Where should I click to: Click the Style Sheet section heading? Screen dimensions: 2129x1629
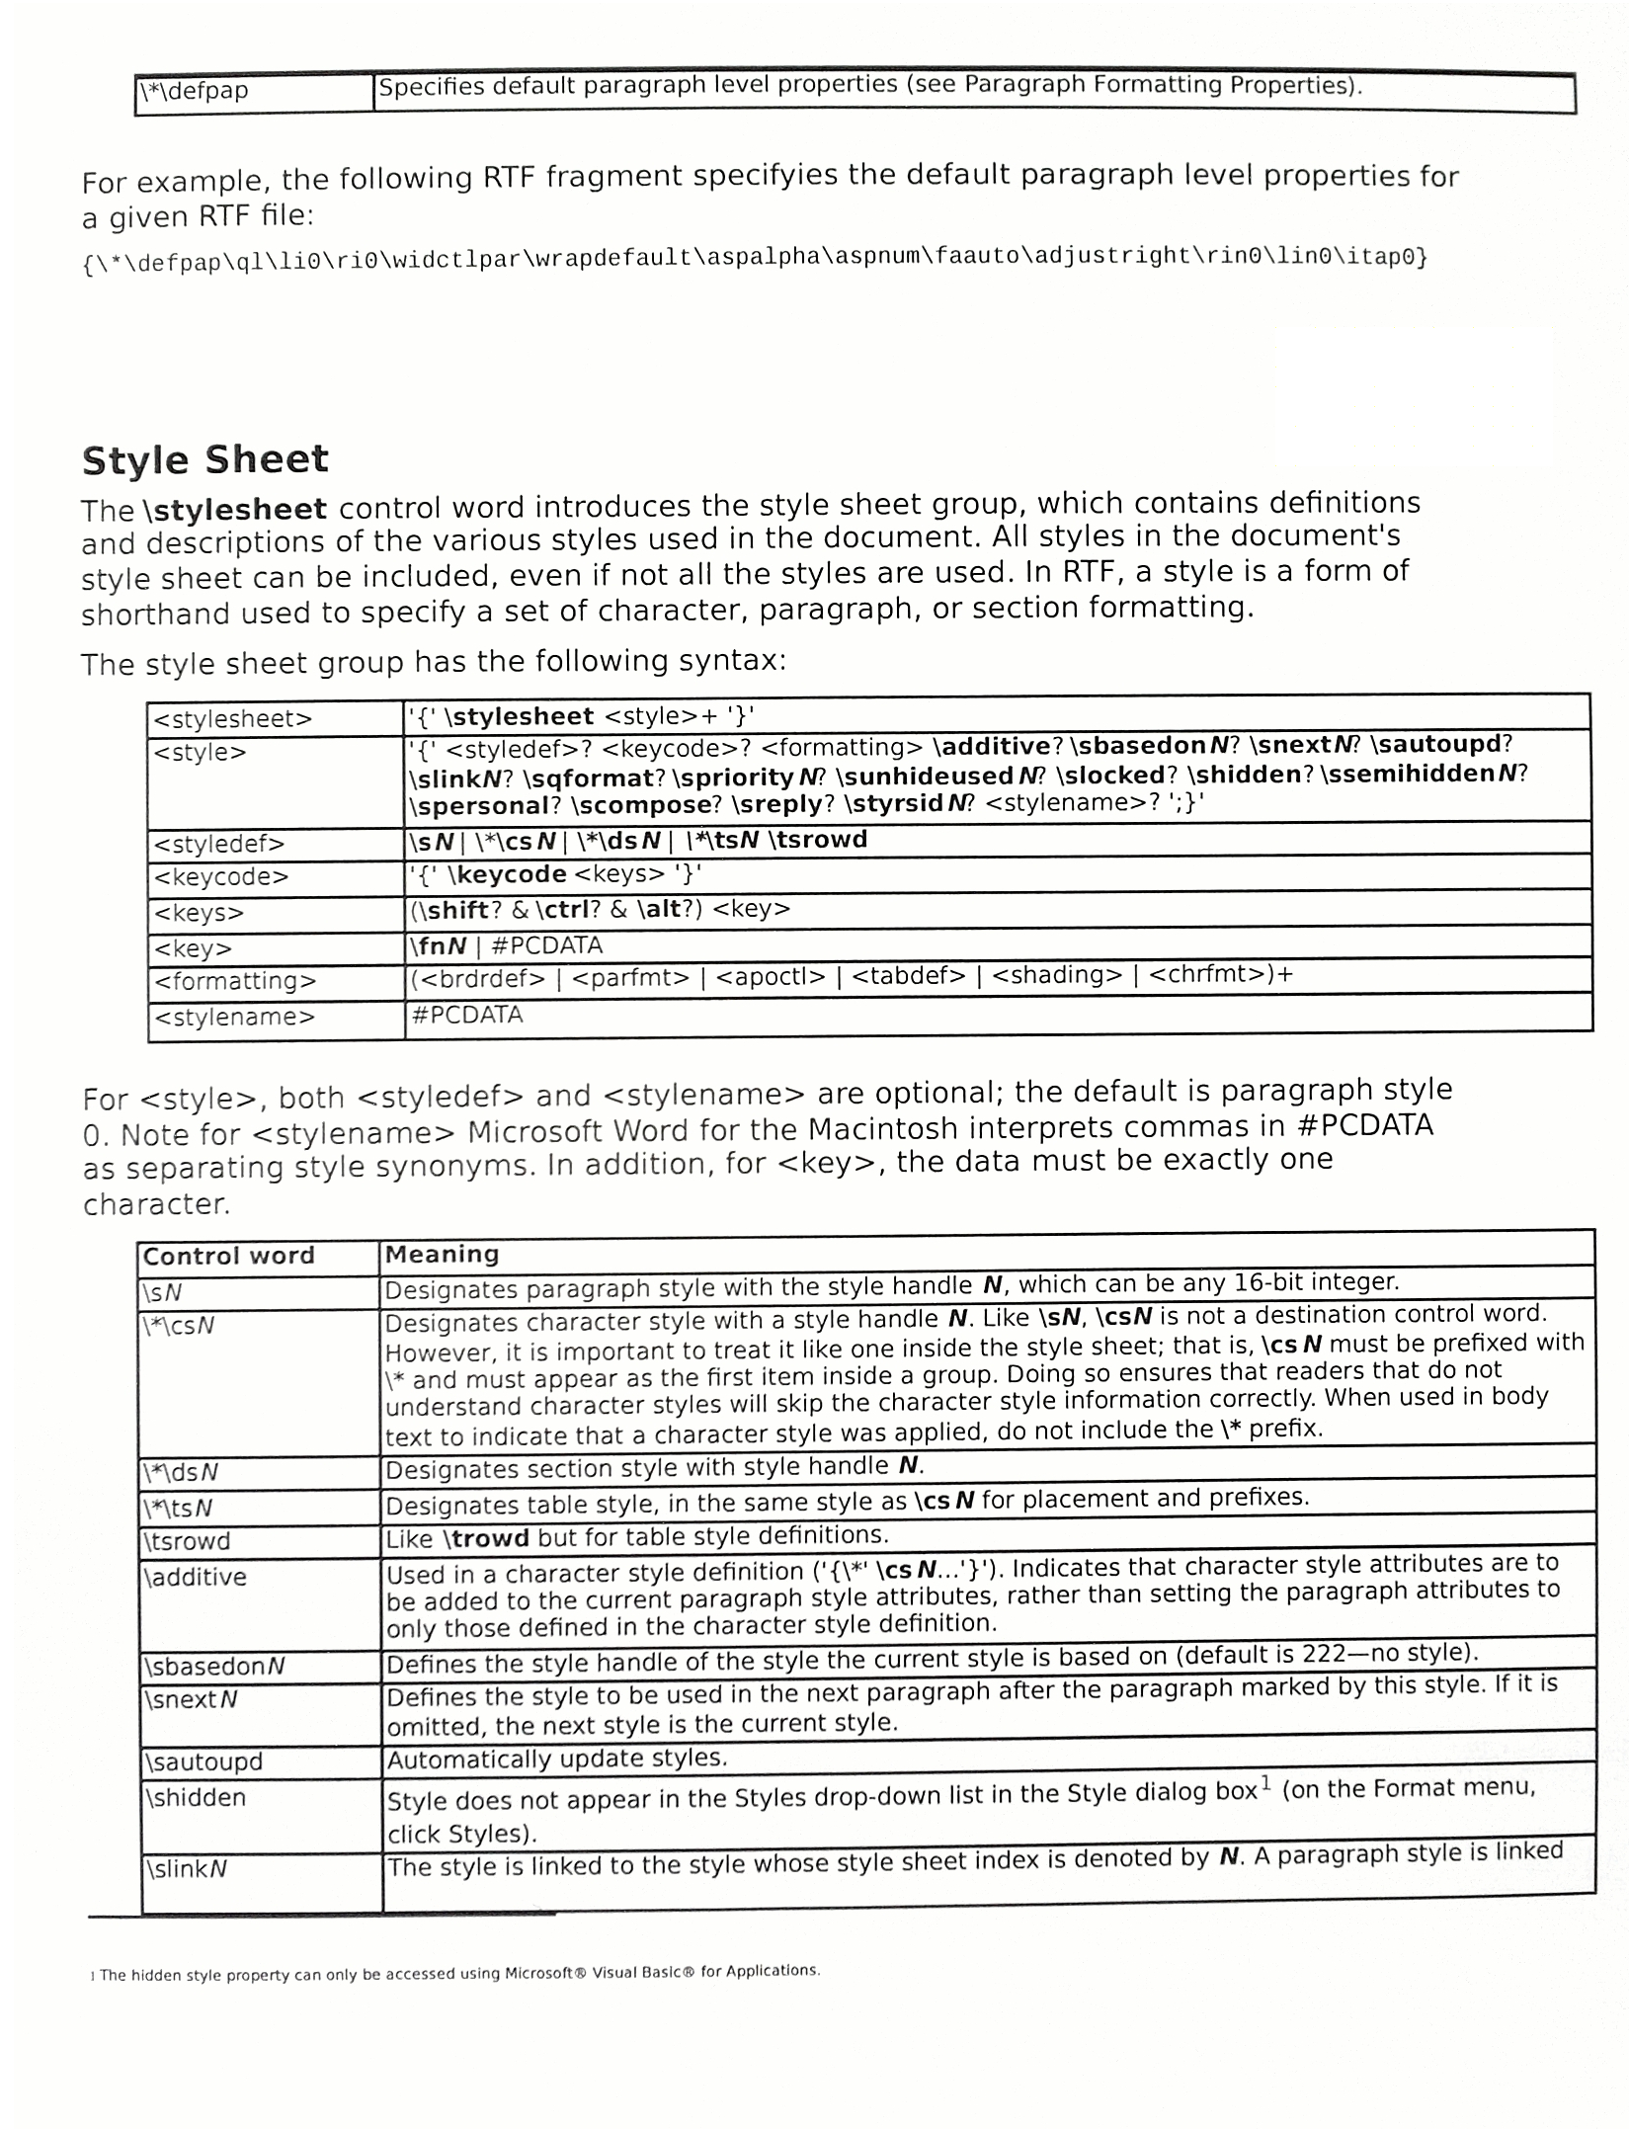tap(204, 460)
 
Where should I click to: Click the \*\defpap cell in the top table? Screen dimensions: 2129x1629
tap(195, 92)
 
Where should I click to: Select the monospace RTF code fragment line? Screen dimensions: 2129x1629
tap(755, 259)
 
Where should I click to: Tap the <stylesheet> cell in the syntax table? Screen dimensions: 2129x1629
tap(233, 719)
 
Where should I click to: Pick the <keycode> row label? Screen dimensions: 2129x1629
tap(221, 877)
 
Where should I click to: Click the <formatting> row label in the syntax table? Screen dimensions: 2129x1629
tap(235, 981)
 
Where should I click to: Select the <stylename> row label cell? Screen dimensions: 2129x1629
tap(234, 1017)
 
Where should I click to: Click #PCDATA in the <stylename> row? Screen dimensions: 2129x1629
tap(466, 1015)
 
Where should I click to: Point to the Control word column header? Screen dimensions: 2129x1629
tap(228, 1256)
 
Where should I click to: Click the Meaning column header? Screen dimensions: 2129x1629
tap(442, 1254)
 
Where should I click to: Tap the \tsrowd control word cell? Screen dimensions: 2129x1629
tap(188, 1541)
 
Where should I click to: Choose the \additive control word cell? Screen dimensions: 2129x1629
tap(196, 1577)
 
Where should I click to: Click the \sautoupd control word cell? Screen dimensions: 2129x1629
tap(204, 1761)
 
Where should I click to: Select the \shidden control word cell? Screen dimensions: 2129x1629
tap(196, 1797)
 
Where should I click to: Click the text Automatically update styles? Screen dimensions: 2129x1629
tap(556, 1759)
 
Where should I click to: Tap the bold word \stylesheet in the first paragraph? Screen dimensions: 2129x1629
tap(234, 510)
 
